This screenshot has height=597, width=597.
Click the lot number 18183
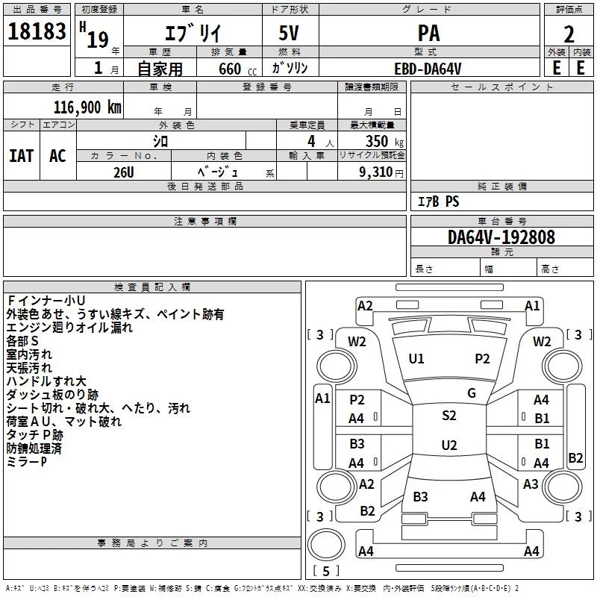[x=37, y=31]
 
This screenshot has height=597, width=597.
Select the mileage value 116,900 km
[x=87, y=107]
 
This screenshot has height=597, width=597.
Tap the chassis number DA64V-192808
[x=501, y=237]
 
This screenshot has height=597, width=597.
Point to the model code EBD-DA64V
[x=428, y=69]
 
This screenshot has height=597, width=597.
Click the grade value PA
[x=428, y=33]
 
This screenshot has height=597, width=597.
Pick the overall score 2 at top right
[x=569, y=34]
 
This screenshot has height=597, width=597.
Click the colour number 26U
[x=124, y=172]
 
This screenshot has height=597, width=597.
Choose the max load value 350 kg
[x=384, y=141]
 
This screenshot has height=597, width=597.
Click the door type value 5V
[x=289, y=33]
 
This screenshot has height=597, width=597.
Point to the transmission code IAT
[x=22, y=156]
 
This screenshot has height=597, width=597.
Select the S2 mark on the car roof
[x=449, y=416]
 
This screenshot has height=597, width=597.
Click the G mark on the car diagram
[x=472, y=393]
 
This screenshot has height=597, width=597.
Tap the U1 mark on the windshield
[x=416, y=359]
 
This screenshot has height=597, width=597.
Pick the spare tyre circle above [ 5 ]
[x=326, y=544]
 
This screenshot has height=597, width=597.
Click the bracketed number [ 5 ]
[x=326, y=571]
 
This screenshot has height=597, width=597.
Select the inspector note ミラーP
[x=27, y=462]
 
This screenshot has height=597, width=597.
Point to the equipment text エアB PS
[x=438, y=201]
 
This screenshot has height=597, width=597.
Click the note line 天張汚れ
[x=29, y=368]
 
